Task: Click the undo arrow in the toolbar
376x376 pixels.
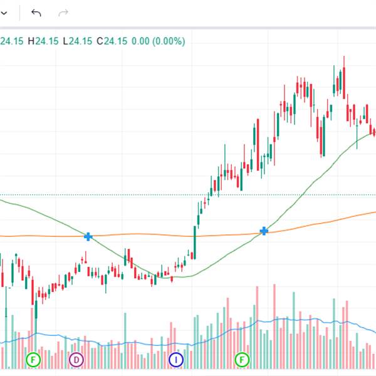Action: point(36,13)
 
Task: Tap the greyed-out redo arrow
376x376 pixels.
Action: point(63,13)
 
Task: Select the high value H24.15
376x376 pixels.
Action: point(43,41)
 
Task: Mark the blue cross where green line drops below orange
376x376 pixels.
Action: point(88,236)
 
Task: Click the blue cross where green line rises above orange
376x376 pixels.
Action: point(264,231)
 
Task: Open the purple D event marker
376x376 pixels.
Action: point(76,360)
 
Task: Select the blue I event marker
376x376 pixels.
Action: point(176,360)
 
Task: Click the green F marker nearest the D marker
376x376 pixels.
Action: point(33,360)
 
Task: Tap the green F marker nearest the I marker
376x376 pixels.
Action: point(241,360)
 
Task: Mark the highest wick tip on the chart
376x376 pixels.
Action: point(344,56)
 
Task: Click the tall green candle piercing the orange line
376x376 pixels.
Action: point(195,241)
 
